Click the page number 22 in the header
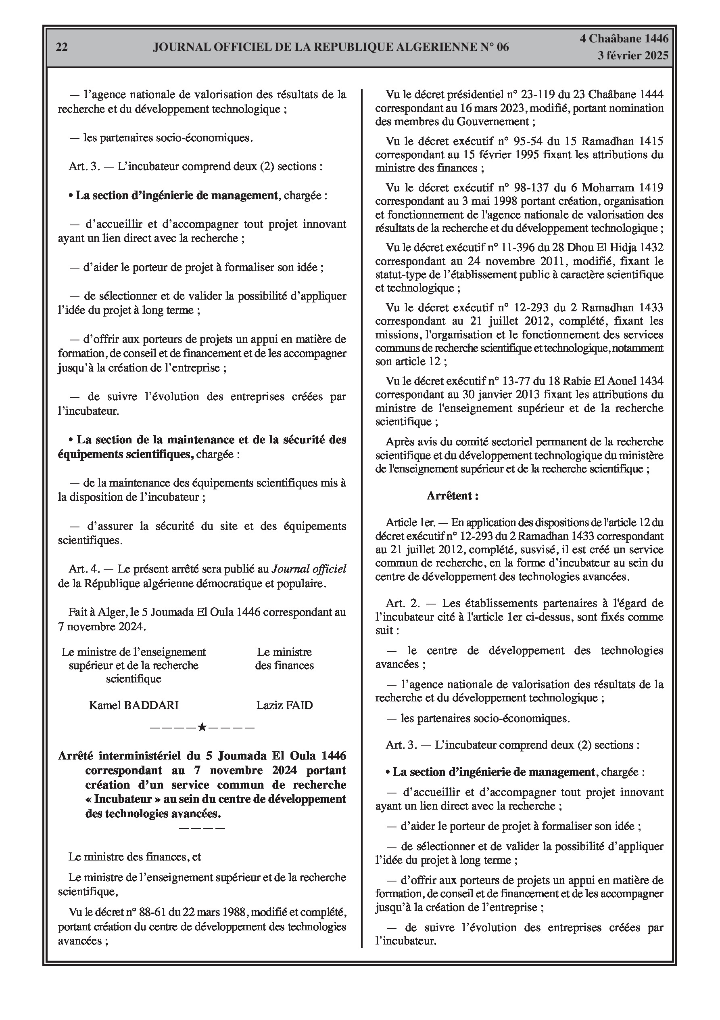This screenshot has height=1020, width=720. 62,47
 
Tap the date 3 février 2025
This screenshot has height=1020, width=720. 632,56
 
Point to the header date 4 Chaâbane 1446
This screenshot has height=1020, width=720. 624,39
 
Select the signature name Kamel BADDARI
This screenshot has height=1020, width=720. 134,705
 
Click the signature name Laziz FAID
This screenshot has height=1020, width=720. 284,705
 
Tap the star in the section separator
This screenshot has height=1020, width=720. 202,727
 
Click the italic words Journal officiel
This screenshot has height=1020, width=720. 309,569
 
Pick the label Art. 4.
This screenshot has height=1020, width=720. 84,569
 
